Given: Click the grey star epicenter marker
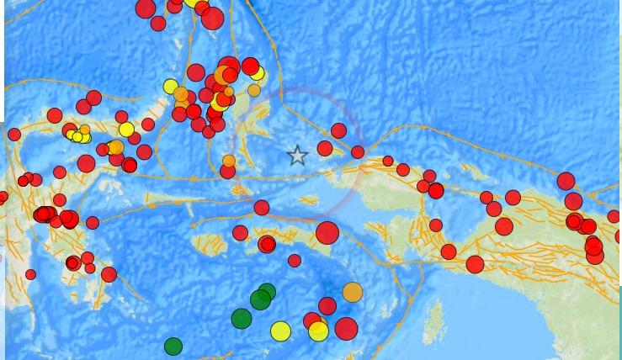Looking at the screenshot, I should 297,156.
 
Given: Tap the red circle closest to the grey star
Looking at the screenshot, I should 325,149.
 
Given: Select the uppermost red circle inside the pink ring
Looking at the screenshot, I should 338,130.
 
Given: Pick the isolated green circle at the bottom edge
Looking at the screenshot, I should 173,346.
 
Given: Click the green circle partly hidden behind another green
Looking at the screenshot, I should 267,292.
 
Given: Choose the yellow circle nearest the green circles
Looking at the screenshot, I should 280,331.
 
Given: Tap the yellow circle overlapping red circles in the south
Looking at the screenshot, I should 318,331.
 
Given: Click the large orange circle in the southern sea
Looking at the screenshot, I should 353,292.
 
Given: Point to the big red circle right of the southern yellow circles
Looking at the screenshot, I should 346,328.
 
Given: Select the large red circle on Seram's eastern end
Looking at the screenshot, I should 327,233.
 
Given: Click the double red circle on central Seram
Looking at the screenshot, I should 267,244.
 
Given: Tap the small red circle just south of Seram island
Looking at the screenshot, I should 295,261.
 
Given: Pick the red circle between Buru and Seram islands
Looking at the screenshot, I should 240,233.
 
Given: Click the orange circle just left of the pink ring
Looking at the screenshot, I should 229,161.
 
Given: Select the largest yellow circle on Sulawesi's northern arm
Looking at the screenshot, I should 126,130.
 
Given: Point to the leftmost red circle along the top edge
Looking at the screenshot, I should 146,8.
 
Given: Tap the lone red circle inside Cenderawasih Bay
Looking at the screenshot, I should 436,225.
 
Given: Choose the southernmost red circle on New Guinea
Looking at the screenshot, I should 475,264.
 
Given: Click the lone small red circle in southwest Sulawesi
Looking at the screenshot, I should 31,274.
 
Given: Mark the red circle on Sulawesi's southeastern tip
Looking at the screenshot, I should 109,274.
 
